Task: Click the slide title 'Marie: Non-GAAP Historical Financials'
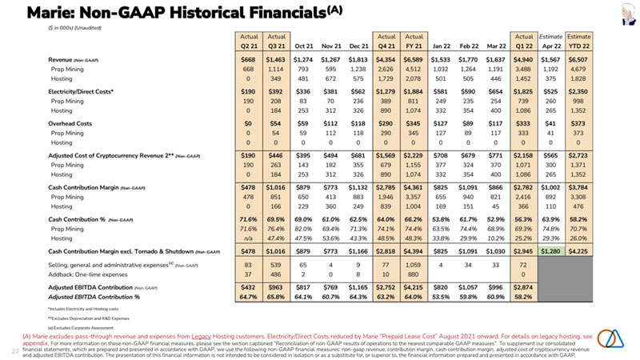tap(160, 13)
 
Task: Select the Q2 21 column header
tap(247, 45)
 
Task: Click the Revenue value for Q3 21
tap(274, 60)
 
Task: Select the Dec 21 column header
tap(357, 45)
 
